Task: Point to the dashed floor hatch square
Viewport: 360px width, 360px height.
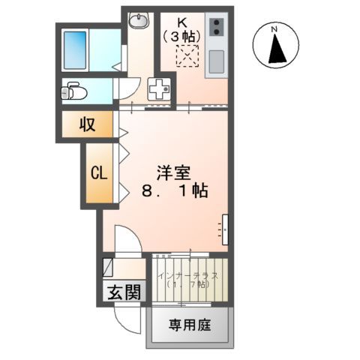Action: tap(184, 55)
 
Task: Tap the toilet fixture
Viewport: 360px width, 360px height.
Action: tap(71, 91)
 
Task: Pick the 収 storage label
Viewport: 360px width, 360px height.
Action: tap(87, 124)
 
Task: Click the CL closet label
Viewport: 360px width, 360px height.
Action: tap(99, 172)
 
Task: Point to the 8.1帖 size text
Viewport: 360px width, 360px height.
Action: tap(175, 192)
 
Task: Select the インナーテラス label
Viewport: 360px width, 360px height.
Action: tap(188, 274)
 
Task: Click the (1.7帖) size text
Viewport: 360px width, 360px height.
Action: tap(187, 286)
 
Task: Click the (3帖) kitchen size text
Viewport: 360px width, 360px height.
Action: tap(183, 35)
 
